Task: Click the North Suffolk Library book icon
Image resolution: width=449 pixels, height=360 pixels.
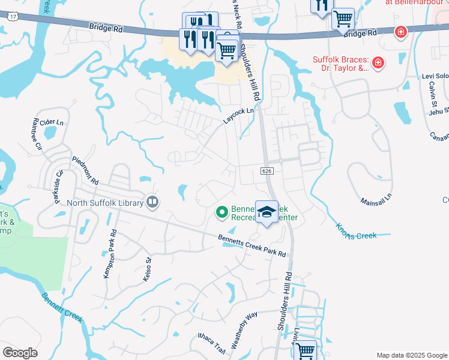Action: [152, 202]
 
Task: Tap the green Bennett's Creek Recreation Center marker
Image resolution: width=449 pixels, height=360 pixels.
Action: [221, 212]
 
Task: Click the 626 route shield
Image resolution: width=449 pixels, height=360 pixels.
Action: [268, 171]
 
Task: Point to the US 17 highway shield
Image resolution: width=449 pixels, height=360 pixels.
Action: [13, 17]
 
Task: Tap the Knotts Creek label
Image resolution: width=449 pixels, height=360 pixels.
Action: [357, 231]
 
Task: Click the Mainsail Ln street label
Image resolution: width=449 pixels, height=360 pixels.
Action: [376, 198]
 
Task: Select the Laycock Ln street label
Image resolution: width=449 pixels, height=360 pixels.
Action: [239, 115]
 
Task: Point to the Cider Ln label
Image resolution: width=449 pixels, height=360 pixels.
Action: [51, 122]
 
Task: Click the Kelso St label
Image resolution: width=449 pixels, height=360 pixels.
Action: [148, 268]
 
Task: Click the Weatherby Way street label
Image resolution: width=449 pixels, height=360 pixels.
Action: [244, 329]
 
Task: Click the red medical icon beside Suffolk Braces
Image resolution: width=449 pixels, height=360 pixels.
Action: [378, 62]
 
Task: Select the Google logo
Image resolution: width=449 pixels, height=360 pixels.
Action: [20, 353]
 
